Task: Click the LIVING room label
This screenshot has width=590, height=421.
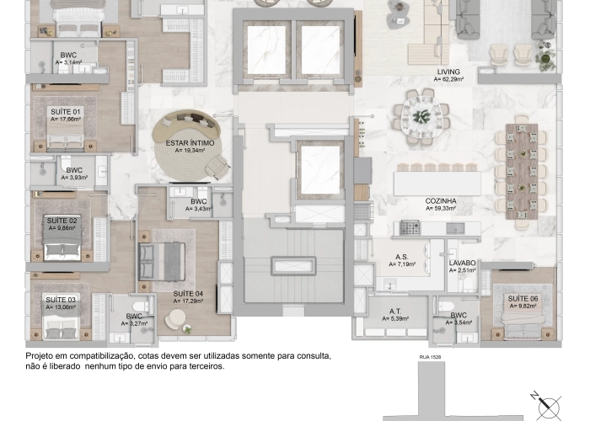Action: click(448, 72)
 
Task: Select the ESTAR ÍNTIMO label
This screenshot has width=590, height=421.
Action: click(190, 144)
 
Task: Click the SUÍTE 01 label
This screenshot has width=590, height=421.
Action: click(65, 112)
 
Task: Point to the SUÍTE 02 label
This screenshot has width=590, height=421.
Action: click(62, 220)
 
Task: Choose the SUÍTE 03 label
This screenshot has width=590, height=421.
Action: click(61, 300)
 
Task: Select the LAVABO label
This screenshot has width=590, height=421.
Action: click(463, 264)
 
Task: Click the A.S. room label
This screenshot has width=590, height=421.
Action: click(402, 257)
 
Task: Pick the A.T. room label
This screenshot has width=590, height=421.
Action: click(395, 312)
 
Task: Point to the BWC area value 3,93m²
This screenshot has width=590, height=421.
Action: click(74, 178)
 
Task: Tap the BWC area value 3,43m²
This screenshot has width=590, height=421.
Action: click(199, 208)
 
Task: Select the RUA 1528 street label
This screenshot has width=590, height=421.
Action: click(431, 357)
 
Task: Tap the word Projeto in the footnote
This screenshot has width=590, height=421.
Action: click(40, 356)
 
